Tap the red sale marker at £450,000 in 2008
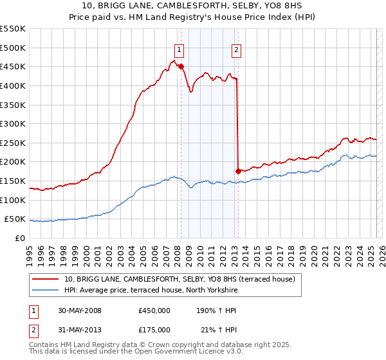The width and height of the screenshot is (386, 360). (181, 66)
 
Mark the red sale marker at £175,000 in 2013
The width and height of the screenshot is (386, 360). (238, 171)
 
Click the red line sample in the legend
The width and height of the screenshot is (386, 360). (46, 279)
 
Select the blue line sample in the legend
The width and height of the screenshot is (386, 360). (46, 291)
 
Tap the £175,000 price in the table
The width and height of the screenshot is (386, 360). (154, 329)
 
